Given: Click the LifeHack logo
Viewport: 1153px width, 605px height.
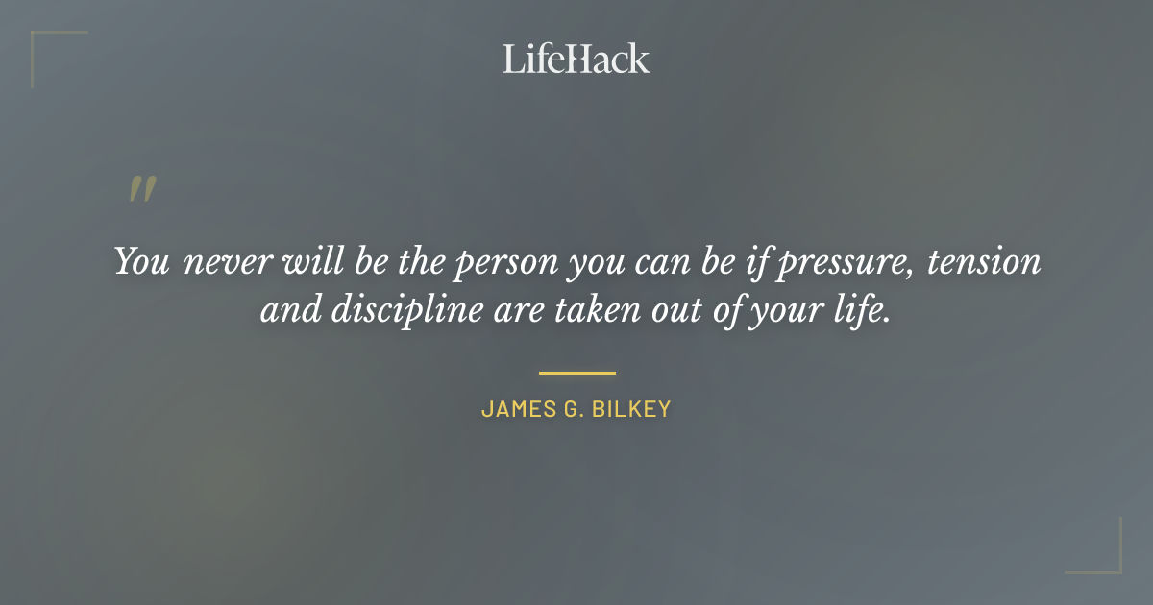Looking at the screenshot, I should click(x=576, y=59).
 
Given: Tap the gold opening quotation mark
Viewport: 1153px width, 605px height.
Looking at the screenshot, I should click(x=141, y=189).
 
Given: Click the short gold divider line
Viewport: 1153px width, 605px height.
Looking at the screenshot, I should click(x=576, y=372).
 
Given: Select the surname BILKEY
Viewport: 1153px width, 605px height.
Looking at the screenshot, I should click(x=631, y=409).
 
